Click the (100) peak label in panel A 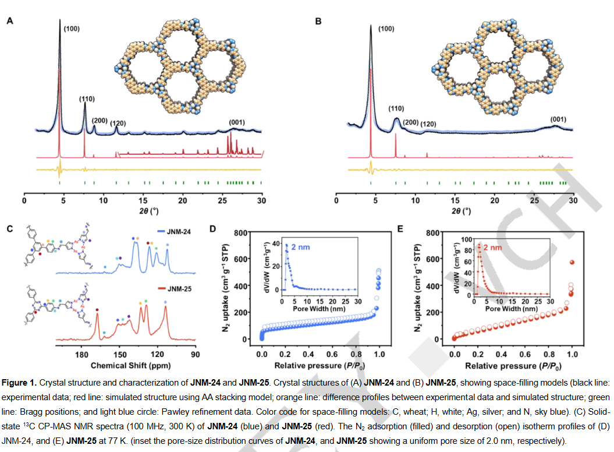click(72, 28)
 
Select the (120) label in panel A click(118, 123)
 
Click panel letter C click(9, 228)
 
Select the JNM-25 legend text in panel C click(181, 288)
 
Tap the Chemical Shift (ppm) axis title click(124, 365)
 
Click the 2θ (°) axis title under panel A click(143, 210)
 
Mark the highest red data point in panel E click(572, 263)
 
